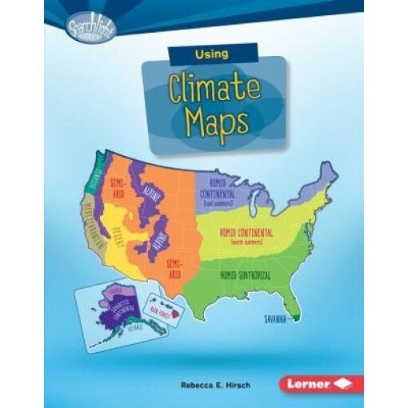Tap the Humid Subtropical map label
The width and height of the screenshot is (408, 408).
tap(243, 274)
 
